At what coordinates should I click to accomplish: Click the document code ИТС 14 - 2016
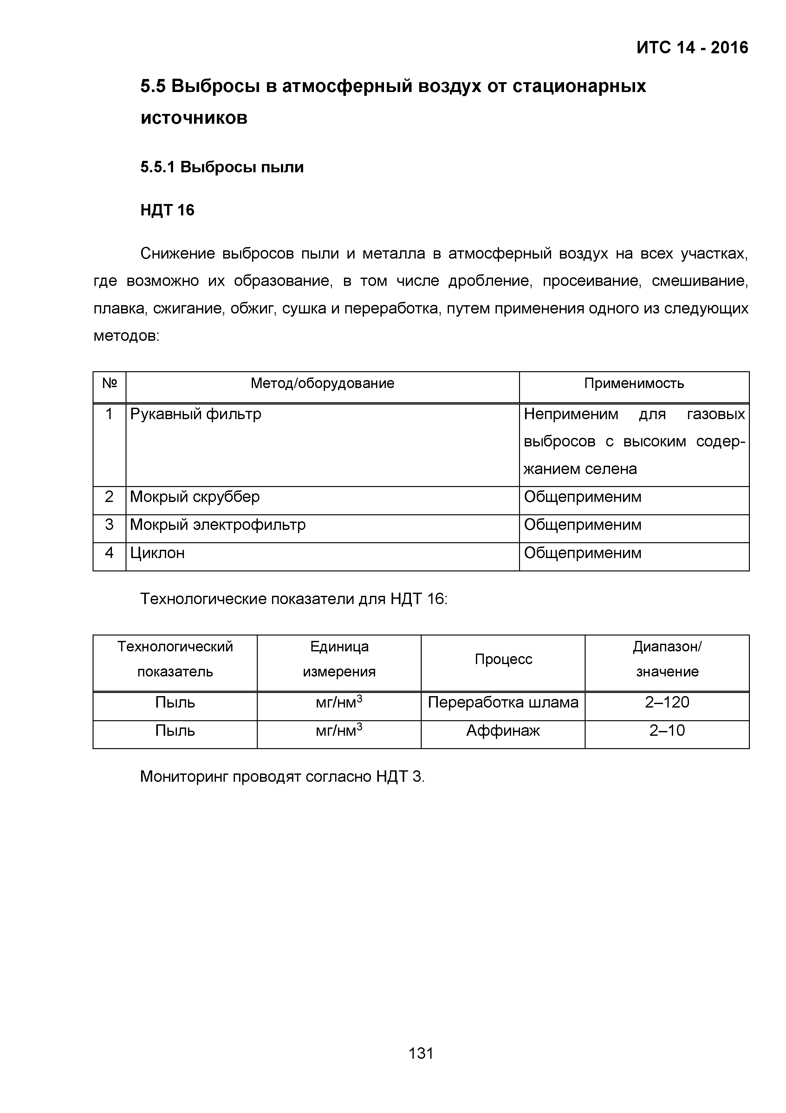[692, 48]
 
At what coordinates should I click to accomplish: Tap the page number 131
[421, 1053]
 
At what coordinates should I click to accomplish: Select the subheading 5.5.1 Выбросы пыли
[222, 167]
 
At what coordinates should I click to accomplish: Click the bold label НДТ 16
[167, 210]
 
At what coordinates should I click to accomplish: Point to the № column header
[109, 384]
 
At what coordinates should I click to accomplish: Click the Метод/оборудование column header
[322, 384]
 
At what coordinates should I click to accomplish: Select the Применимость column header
[633, 384]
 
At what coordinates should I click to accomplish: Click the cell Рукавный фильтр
[196, 414]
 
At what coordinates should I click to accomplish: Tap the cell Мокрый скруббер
[195, 497]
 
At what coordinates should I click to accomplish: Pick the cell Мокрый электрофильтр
[218, 525]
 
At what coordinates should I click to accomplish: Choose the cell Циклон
[157, 553]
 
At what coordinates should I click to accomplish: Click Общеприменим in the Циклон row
[582, 553]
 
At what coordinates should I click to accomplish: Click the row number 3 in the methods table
[109, 525]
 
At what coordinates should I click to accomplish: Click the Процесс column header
[503, 659]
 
